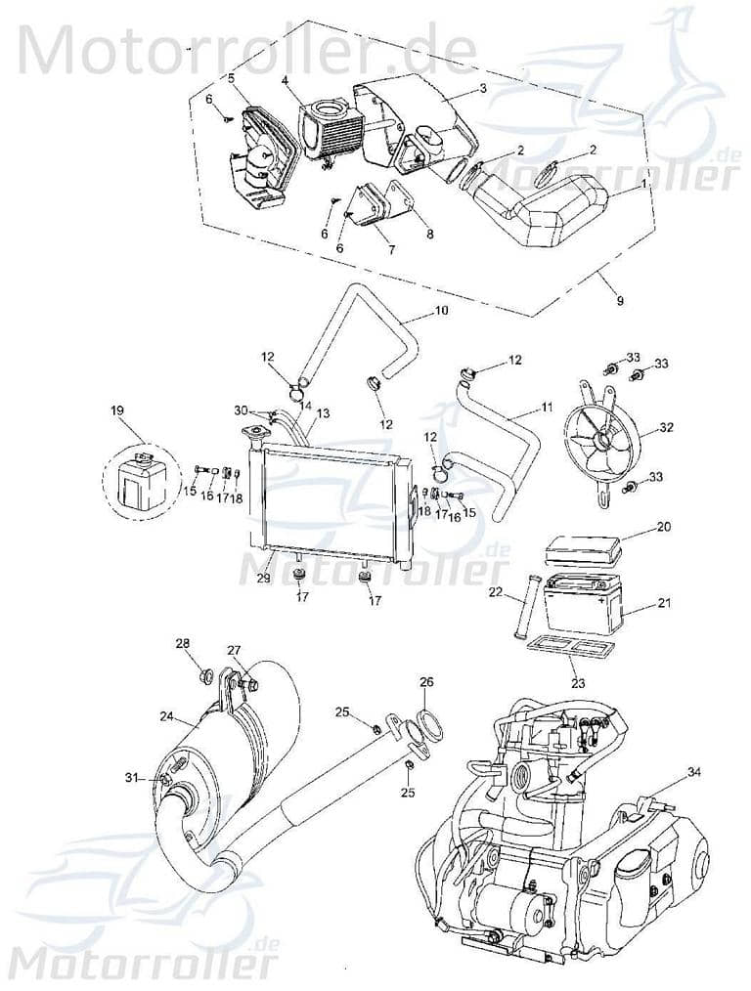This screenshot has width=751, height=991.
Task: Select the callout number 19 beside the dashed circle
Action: (x=118, y=412)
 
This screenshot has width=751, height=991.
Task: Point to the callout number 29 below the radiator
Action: (x=264, y=580)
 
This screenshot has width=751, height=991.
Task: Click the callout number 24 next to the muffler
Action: (x=165, y=715)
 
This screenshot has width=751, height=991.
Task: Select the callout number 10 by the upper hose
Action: (x=441, y=312)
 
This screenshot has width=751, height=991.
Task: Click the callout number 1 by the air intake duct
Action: (x=641, y=183)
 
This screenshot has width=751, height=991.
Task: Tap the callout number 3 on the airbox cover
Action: (x=482, y=88)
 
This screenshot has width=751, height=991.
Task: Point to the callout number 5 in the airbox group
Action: (x=231, y=77)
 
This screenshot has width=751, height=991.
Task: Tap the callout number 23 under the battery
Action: (x=578, y=684)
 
